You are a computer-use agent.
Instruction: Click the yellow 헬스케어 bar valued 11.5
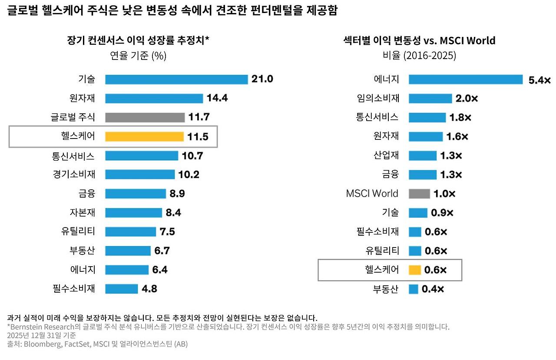pyautogui.click(x=144, y=136)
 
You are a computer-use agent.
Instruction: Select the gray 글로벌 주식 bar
pyautogui.click(x=145, y=117)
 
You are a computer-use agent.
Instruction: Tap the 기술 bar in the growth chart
pyautogui.click(x=176, y=79)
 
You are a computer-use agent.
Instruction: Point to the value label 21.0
pyautogui.click(x=262, y=79)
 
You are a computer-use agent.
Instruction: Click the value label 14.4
pyautogui.click(x=217, y=98)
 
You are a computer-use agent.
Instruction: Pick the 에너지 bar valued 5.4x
pyautogui.click(x=466, y=79)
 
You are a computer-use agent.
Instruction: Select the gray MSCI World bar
pyautogui.click(x=419, y=194)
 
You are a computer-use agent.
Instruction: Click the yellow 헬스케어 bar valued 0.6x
pyautogui.click(x=415, y=270)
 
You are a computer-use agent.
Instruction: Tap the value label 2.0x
pyautogui.click(x=467, y=99)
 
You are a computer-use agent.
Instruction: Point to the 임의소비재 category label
pyautogui.click(x=378, y=98)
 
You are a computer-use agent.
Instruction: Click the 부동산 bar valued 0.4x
pyautogui.click(x=413, y=289)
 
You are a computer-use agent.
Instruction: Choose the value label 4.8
pyautogui.click(x=149, y=288)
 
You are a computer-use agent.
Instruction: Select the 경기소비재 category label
pyautogui.click(x=74, y=174)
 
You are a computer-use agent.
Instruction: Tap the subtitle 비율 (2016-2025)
pyautogui.click(x=419, y=55)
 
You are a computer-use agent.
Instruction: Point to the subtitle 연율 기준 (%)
pyautogui.click(x=138, y=56)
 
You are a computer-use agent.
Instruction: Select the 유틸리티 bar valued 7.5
pyautogui.click(x=131, y=231)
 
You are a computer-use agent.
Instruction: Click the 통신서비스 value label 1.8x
pyautogui.click(x=460, y=117)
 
